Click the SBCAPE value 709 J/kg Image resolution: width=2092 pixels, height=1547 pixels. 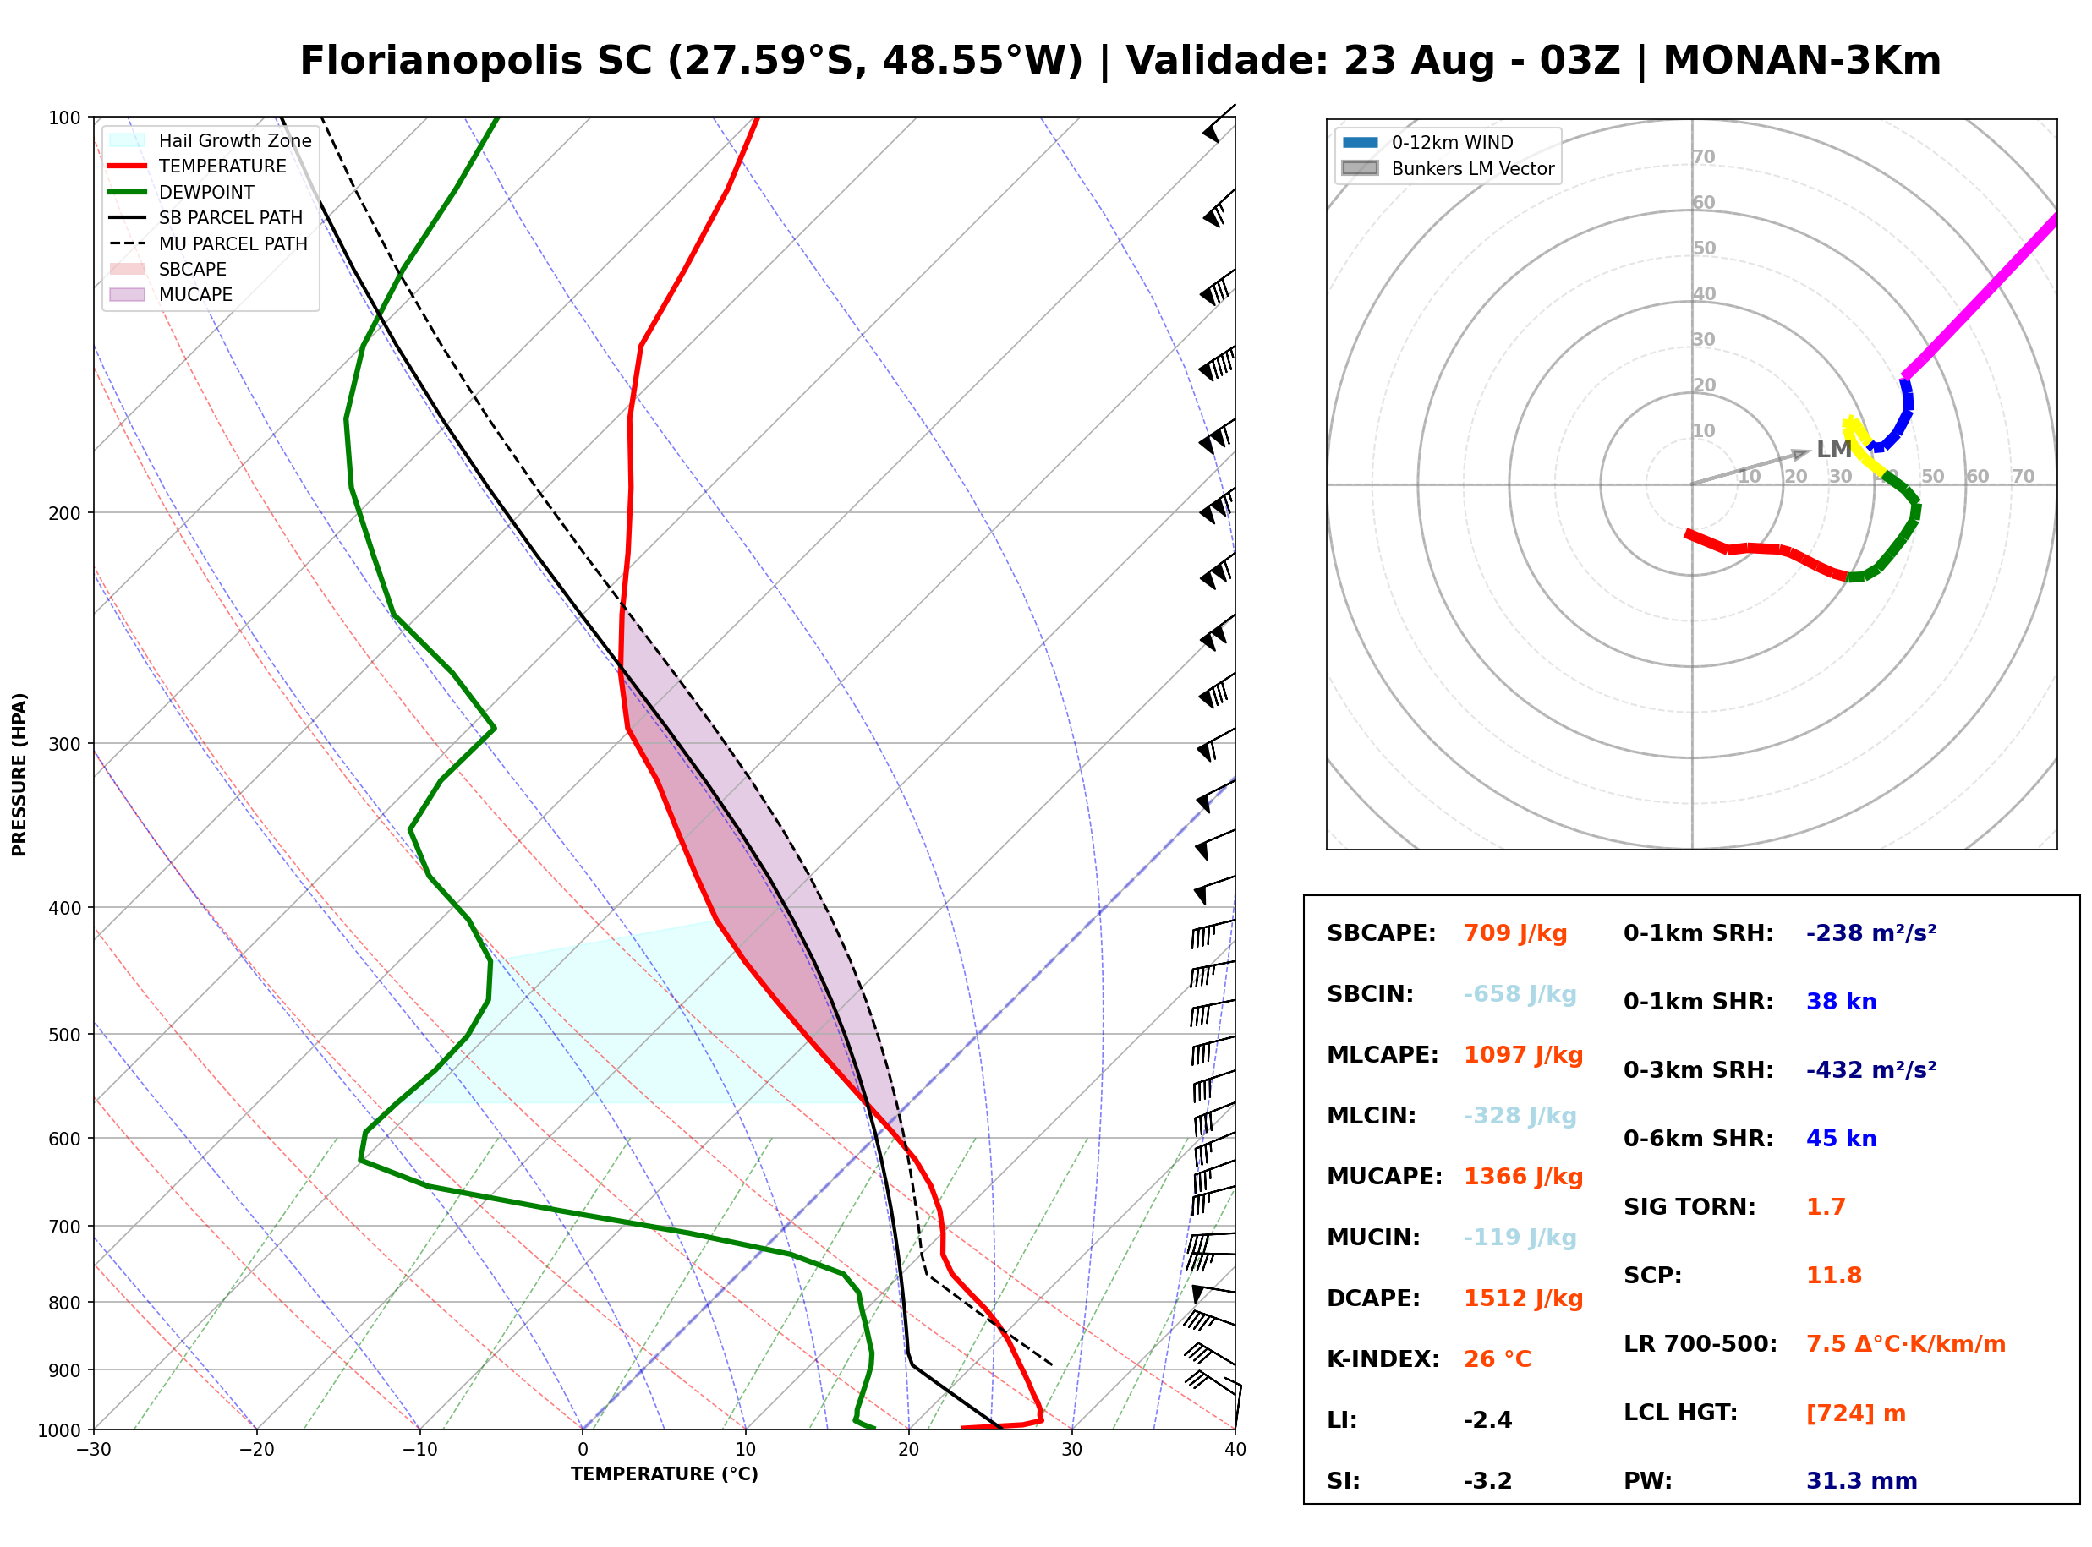click(x=1515, y=933)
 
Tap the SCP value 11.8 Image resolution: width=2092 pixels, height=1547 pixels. click(x=1833, y=1276)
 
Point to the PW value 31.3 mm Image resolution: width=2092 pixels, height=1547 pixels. click(x=1862, y=1480)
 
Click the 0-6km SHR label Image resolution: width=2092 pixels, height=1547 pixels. click(x=1699, y=1139)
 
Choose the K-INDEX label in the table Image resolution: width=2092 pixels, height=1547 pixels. click(x=1383, y=1358)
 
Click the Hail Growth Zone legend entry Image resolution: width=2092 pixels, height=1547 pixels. click(x=211, y=140)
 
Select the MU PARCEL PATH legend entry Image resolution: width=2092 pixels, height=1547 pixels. click(x=209, y=243)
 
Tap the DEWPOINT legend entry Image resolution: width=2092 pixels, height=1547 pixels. click(x=182, y=192)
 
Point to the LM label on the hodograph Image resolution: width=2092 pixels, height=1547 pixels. click(x=1833, y=450)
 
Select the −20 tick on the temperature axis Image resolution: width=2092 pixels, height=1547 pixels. click(x=256, y=1450)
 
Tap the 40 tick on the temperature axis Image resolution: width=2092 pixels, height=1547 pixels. click(x=1235, y=1450)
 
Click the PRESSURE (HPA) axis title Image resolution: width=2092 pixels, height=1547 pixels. click(x=19, y=774)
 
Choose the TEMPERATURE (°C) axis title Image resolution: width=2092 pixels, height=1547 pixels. click(x=665, y=1474)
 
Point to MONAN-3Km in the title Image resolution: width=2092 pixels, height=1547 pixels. click(x=1802, y=61)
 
